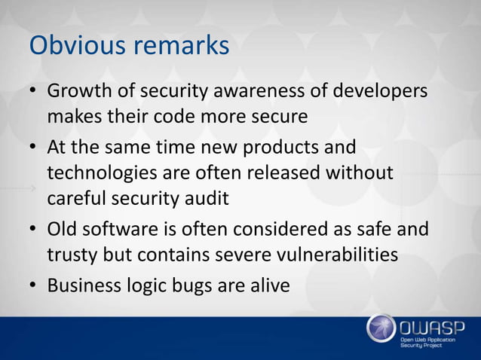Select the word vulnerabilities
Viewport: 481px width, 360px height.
pyautogui.click(x=332, y=255)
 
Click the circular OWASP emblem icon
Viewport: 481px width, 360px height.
pyautogui.click(x=382, y=329)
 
